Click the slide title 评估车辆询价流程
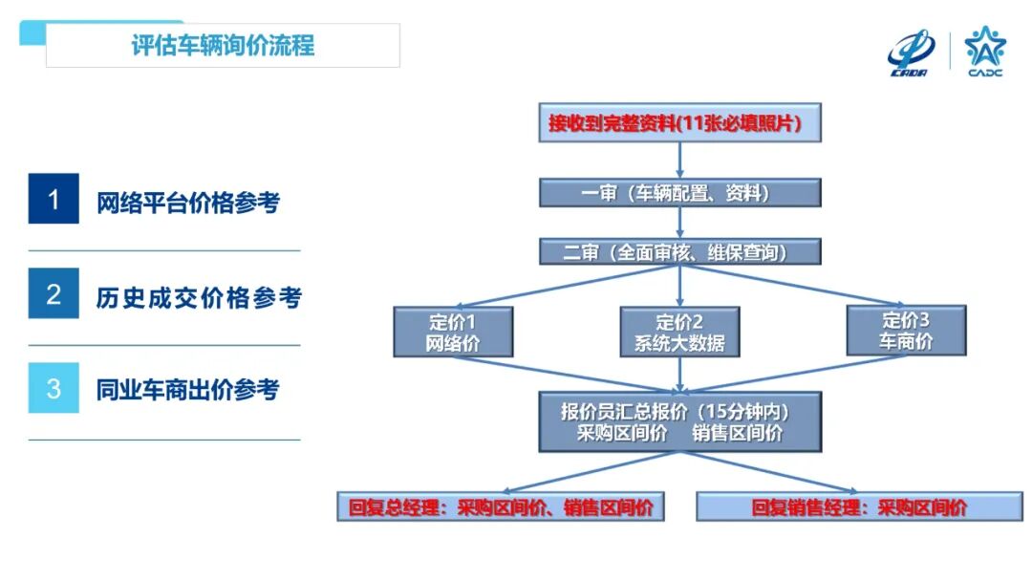(x=222, y=45)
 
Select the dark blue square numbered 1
(x=54, y=200)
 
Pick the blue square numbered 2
(x=54, y=294)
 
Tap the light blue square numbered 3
(x=54, y=388)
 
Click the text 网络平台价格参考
(x=188, y=203)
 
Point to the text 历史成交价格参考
(x=199, y=297)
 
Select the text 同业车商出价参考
(x=188, y=390)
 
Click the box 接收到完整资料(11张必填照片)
(x=679, y=123)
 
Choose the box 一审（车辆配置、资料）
(x=679, y=193)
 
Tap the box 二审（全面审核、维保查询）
(x=679, y=252)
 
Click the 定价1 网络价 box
(x=453, y=332)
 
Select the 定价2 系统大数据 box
(x=679, y=332)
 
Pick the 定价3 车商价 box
(x=906, y=331)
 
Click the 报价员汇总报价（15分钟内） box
(x=679, y=421)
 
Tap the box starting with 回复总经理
(x=501, y=507)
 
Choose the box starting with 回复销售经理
(x=859, y=507)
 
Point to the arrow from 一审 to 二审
(x=679, y=223)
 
